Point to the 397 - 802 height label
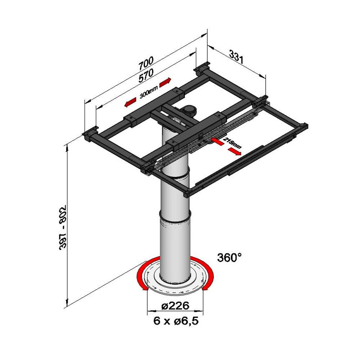pos(63,227)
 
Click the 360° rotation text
pos(229,257)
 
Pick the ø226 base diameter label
pos(175,306)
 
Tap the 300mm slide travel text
pos(149,92)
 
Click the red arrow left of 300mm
pos(130,102)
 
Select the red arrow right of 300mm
pos(165,82)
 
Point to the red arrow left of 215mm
pos(217,141)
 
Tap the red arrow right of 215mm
pos(234,151)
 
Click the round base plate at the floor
pos(175,276)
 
